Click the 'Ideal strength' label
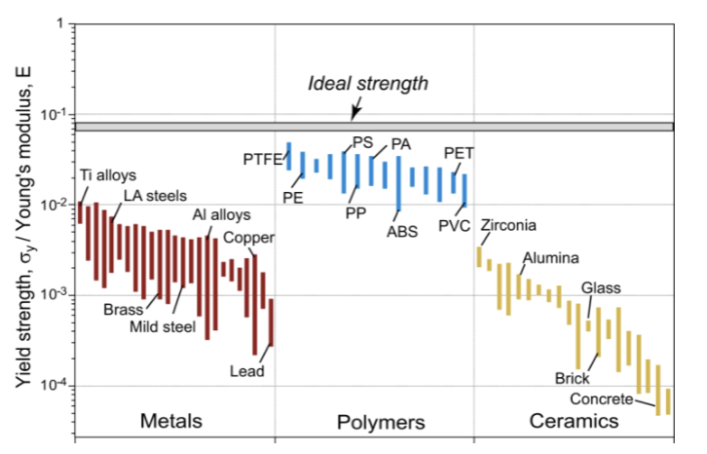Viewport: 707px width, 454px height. coord(368,84)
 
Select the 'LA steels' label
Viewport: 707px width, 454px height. coord(154,196)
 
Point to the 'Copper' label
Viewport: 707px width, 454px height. coord(249,238)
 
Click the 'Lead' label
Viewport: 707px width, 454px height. coord(246,370)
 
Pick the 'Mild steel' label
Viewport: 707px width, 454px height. coord(163,325)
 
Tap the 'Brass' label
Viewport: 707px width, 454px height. coord(124,310)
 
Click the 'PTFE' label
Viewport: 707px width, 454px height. coord(262,158)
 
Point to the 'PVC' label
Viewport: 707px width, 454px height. coord(455,225)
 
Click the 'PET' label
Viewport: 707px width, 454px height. coord(459,153)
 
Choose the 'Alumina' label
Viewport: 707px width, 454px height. coord(550,258)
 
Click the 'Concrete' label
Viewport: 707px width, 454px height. coord(601,399)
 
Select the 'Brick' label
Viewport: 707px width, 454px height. coord(573,377)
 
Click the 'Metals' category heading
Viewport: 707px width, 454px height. coord(171,422)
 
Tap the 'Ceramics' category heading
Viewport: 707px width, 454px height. coord(574,422)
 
